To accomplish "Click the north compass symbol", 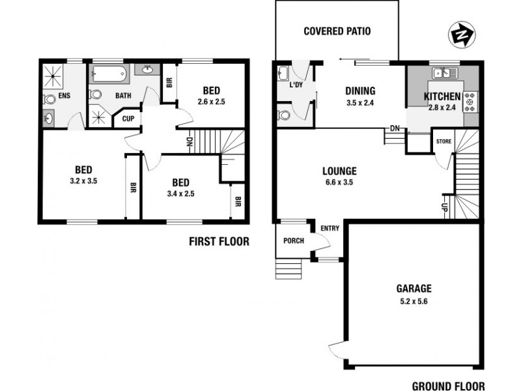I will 461,33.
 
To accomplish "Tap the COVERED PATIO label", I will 338,31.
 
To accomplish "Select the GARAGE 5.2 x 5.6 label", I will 414,294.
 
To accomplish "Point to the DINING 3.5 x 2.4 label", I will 360,97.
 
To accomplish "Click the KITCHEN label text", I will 442,97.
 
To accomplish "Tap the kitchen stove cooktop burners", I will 470,102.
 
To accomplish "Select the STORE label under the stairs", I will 444,141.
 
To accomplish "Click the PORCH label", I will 293,241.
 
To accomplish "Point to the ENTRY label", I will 330,228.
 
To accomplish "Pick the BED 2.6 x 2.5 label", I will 211,95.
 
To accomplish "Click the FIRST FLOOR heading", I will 219,242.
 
